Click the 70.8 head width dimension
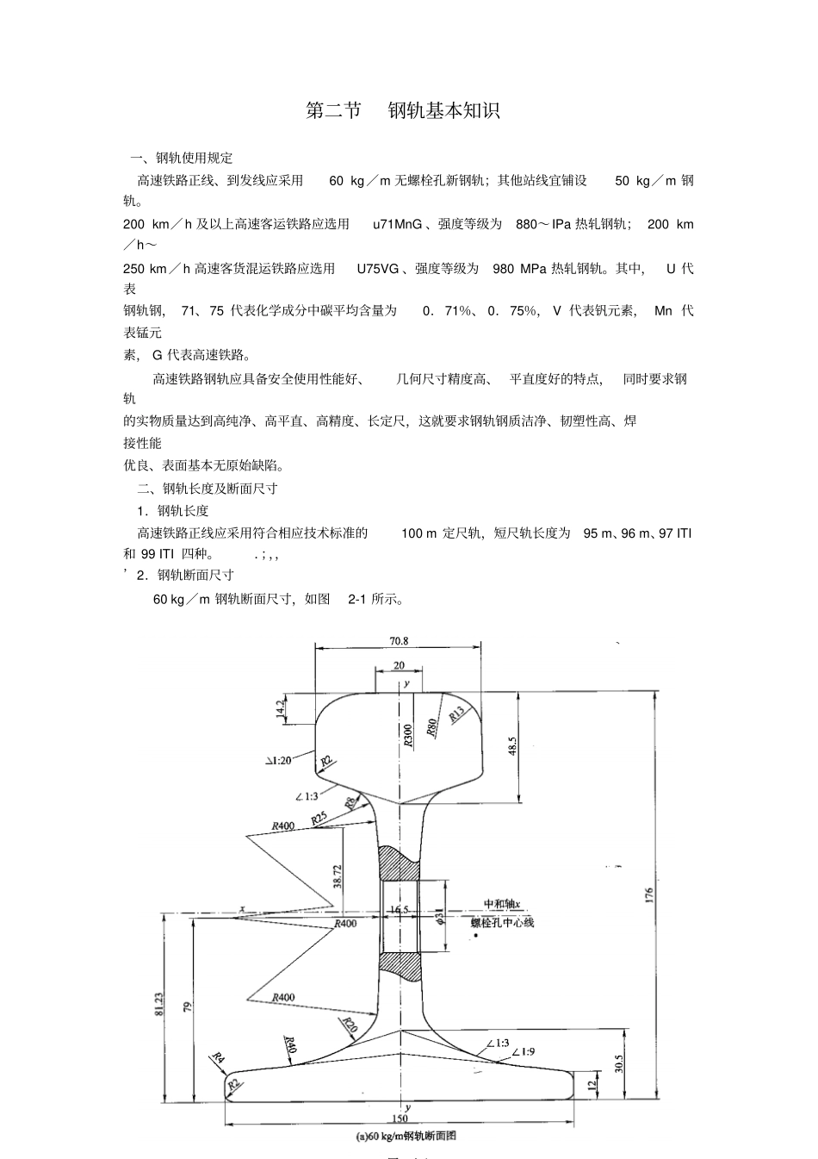[399, 641]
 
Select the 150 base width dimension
[399, 1118]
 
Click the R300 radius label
[408, 734]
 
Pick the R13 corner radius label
[456, 713]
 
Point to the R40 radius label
[290, 1045]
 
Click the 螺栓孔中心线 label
[502, 922]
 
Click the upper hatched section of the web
[399, 863]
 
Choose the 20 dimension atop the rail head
[399, 665]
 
